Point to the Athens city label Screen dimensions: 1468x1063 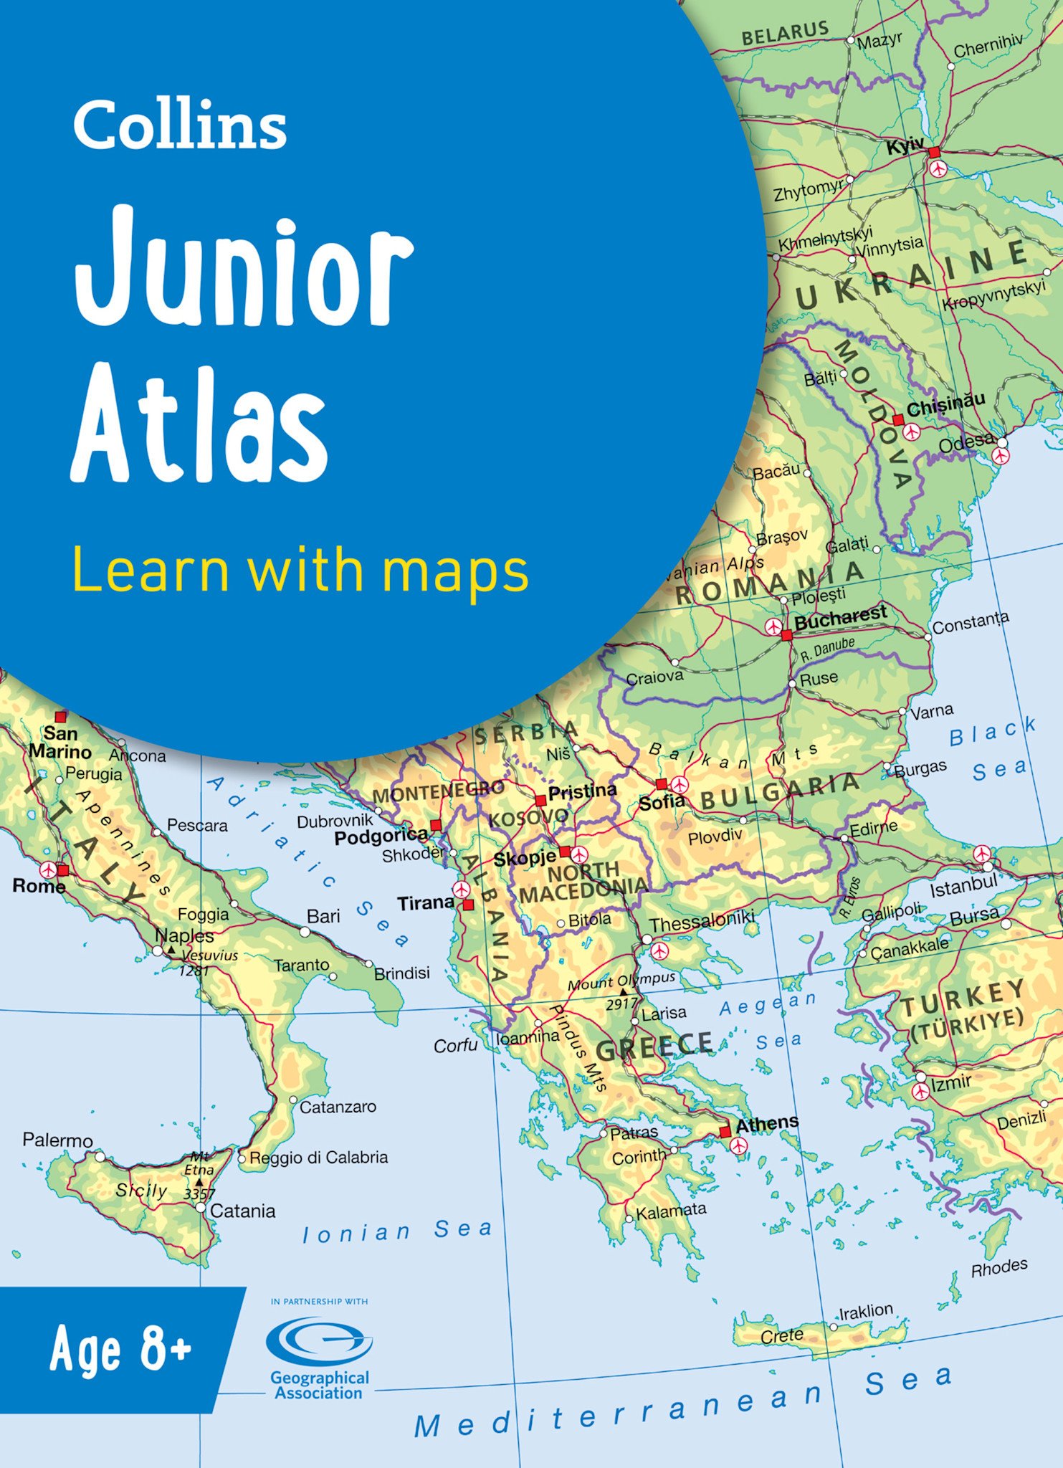pyautogui.click(x=766, y=1124)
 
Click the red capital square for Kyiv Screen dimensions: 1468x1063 pyautogui.click(x=934, y=153)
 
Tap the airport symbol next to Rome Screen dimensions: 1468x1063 pyautogui.click(x=47, y=869)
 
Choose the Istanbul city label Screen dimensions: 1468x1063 pyautogui.click(x=963, y=887)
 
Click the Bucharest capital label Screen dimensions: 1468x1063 pyautogui.click(x=840, y=617)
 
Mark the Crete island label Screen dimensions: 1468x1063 pyautogui.click(x=781, y=1335)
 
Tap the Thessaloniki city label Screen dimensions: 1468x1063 pyautogui.click(x=702, y=920)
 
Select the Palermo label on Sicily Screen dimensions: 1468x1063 pyautogui.click(x=57, y=1140)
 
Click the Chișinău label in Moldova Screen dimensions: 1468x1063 pyautogui.click(x=945, y=405)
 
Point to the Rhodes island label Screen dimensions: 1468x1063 pyautogui.click(x=998, y=1268)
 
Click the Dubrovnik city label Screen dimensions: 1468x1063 pyautogui.click(x=335, y=821)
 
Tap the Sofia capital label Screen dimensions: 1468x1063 pyautogui.click(x=661, y=803)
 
